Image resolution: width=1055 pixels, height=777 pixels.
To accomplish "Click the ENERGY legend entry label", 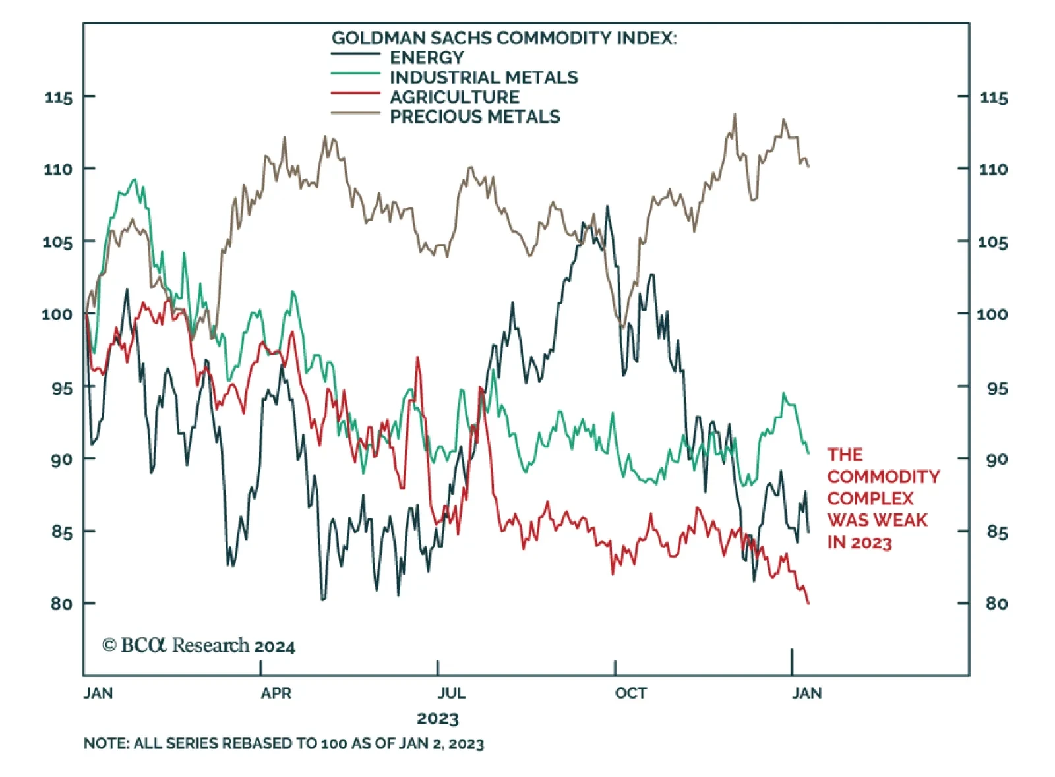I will tap(427, 57).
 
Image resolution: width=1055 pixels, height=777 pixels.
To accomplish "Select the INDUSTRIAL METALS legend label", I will tap(483, 77).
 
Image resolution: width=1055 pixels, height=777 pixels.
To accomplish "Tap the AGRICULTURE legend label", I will tap(454, 97).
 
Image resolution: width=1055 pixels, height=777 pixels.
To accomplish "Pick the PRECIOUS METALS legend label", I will tap(475, 117).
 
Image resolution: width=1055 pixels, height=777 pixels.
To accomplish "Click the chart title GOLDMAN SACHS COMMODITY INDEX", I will tap(504, 38).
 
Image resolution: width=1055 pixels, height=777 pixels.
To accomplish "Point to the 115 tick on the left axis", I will tap(58, 98).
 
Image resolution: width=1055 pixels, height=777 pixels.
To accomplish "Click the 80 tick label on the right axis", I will tap(996, 603).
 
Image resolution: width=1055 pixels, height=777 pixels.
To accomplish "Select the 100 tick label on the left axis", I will tap(57, 314).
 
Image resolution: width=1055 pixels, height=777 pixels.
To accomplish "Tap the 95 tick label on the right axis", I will tap(996, 388).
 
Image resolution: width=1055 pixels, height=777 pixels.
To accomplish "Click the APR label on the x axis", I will tap(276, 693).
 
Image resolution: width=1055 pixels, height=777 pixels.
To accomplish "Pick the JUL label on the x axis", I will tap(452, 693).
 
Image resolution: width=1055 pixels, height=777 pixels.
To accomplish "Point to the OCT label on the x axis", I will tap(630, 693).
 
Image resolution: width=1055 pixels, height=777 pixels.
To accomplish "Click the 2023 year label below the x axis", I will tap(437, 718).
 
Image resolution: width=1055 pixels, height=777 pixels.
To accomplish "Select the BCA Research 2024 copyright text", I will tap(198, 645).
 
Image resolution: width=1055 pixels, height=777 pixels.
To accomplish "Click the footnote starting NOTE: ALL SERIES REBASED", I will tap(284, 744).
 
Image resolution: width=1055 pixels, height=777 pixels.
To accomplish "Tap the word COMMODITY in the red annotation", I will tap(884, 476).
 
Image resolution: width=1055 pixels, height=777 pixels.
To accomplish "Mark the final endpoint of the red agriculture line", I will tap(808, 602).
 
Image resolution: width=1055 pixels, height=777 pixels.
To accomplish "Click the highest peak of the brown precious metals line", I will tap(735, 115).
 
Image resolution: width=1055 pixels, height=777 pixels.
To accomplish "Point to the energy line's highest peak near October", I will tap(607, 207).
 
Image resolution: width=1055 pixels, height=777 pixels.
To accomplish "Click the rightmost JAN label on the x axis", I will tap(806, 693).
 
